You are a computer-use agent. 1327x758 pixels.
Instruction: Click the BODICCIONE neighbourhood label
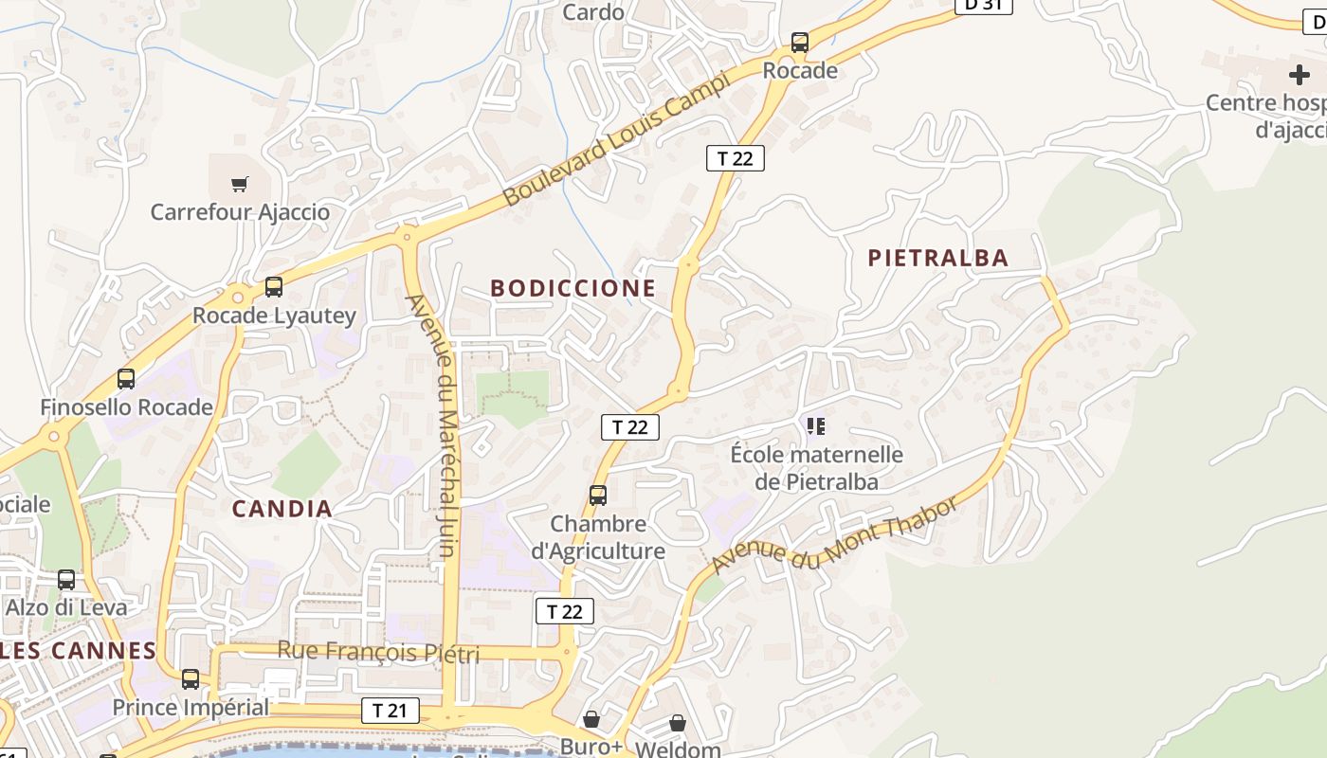573,288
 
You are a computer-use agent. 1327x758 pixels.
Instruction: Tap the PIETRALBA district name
937,258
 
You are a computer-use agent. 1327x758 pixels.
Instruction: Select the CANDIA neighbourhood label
282,509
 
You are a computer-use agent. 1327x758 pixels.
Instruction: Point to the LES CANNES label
78,651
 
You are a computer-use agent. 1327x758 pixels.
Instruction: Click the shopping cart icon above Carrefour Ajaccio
240,184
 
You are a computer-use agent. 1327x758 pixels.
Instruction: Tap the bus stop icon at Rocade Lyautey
274,286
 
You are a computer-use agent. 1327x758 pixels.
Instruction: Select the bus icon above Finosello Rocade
126,379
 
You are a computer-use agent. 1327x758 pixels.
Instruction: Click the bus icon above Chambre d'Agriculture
598,495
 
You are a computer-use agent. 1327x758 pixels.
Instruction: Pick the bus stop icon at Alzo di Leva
66,579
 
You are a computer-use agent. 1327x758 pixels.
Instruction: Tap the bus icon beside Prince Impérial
191,679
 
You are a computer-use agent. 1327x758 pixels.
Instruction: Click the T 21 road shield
390,710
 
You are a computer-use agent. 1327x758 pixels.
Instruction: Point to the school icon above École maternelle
816,426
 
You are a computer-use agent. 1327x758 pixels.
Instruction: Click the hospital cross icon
1299,75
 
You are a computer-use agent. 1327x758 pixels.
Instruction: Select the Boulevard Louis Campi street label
617,139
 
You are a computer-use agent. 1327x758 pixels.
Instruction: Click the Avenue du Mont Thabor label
835,534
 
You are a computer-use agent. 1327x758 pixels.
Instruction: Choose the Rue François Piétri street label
378,652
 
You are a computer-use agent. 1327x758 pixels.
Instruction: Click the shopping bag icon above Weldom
678,723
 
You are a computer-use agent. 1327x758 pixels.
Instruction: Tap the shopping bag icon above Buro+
591,719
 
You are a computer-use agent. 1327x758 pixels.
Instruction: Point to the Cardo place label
593,12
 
